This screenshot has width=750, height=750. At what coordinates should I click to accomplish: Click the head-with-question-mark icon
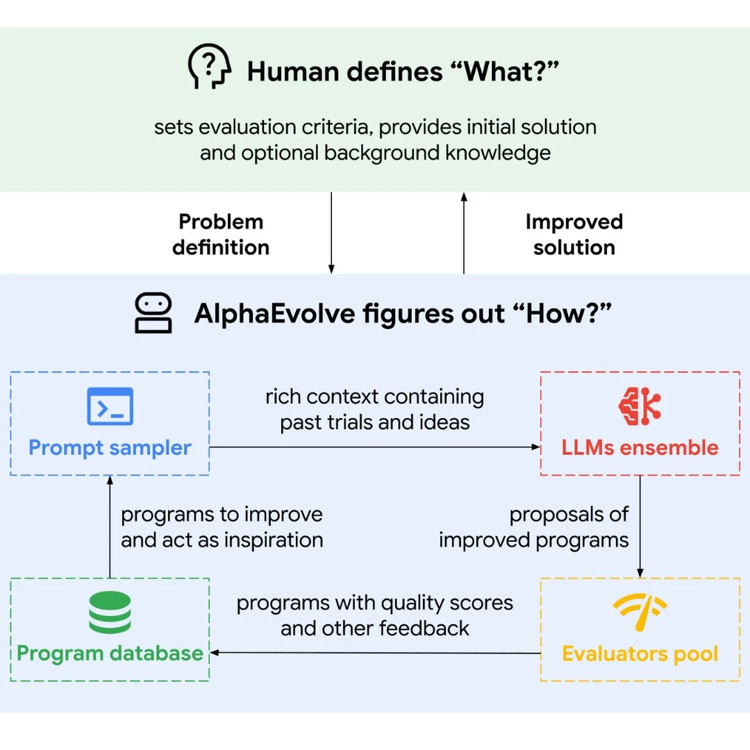[x=210, y=66]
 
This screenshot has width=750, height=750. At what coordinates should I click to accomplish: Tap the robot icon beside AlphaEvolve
[x=153, y=312]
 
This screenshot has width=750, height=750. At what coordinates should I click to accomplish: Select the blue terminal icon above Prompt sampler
[x=110, y=406]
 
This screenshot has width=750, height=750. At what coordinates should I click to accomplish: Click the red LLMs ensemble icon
[x=640, y=406]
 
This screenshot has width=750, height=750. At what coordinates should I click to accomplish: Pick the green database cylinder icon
[x=110, y=612]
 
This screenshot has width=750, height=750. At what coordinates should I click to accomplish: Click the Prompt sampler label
[x=110, y=448]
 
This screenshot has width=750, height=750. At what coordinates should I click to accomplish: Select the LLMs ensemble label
[x=640, y=448]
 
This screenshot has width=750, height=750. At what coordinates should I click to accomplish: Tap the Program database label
[x=110, y=653]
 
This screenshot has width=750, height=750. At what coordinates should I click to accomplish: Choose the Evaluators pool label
[x=640, y=654]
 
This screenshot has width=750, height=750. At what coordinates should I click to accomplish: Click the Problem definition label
[x=221, y=235]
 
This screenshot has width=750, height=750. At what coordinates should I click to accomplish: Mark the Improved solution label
[x=574, y=235]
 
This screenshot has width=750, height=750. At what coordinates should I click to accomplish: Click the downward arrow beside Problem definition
[x=331, y=233]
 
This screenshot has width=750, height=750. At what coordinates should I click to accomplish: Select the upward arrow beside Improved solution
[x=464, y=233]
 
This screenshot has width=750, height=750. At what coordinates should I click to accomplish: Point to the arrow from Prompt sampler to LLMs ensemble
[x=375, y=447]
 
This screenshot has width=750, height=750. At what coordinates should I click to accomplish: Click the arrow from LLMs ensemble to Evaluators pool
[x=640, y=526]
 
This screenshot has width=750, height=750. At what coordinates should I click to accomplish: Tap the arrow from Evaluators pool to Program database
[x=375, y=652]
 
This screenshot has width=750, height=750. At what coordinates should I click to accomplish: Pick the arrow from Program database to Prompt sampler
[x=110, y=526]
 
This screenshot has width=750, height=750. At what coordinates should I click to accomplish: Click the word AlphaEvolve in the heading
[x=275, y=315]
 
